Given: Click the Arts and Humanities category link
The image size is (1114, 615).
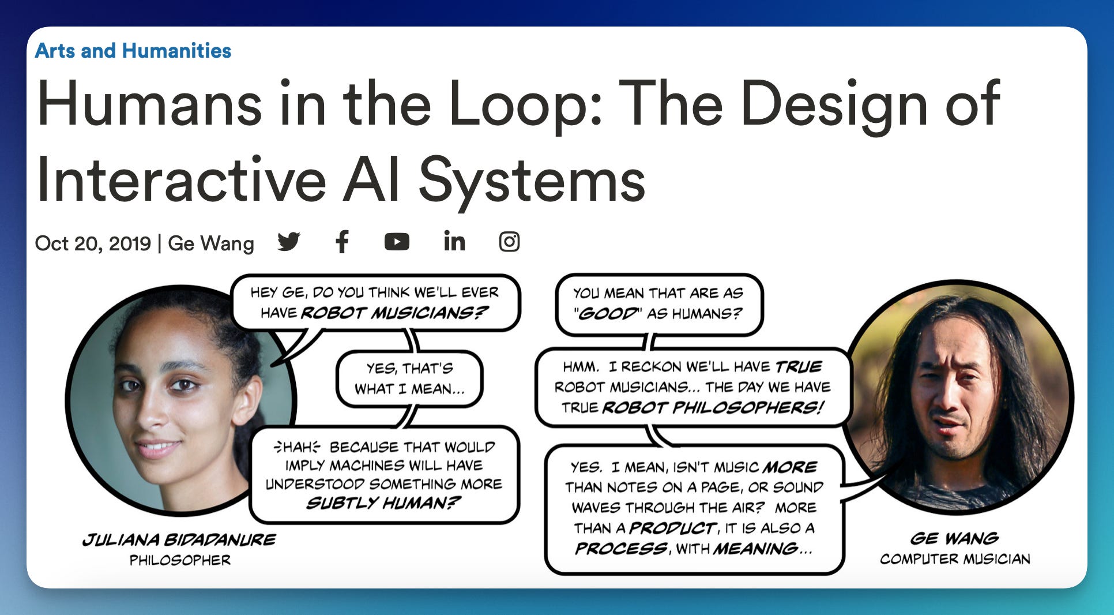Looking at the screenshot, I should point(133,51).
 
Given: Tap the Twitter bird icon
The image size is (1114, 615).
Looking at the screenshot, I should point(288,242).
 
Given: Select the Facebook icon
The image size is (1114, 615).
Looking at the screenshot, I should point(342,242).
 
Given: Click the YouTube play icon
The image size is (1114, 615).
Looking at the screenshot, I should point(397,242).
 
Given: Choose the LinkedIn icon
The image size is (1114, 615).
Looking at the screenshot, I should point(454,242).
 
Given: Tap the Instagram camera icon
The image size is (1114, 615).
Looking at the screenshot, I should point(509,242).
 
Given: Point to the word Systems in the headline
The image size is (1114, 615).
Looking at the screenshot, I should point(532,179).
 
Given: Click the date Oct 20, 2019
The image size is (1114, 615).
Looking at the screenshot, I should point(93,243).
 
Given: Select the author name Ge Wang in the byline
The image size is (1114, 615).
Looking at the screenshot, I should point(211,243).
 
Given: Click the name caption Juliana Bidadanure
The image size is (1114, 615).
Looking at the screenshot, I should point(179,540).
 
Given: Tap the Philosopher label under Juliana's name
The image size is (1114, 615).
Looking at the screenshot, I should point(180,560).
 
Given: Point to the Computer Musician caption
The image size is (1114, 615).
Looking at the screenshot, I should point(955,559).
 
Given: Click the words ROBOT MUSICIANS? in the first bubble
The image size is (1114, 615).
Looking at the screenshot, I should point(394,313).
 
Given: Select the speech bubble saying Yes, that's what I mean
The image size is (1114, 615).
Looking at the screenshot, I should point(409,378).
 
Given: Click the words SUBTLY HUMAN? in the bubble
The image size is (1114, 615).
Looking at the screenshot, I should point(383,503).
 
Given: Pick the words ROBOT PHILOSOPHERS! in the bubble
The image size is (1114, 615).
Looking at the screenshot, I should point(713,408).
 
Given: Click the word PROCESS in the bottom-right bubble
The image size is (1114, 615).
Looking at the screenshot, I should point(621,549).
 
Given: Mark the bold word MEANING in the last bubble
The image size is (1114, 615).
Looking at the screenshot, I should point(755,549).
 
